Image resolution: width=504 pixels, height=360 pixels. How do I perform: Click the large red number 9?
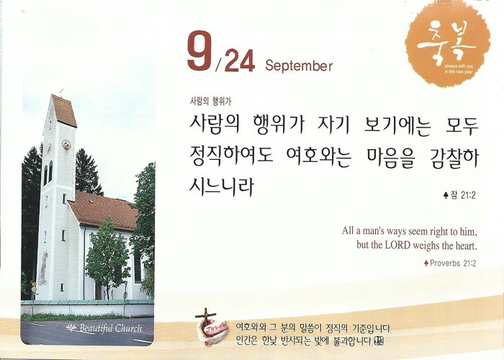point(200,50)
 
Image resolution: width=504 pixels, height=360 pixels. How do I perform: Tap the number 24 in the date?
point(240,60)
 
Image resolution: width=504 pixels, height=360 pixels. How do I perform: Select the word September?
point(299,66)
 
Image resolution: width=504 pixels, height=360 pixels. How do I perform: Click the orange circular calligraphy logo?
point(448,44)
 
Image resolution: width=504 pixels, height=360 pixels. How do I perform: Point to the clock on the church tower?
point(66,145)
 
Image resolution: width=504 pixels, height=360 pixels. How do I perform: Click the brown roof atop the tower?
point(64,110)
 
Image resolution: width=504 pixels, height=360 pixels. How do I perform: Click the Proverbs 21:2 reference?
point(450,264)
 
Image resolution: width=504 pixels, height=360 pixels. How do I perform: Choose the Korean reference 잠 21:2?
point(459,195)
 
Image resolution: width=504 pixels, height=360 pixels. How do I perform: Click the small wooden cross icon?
point(206,316)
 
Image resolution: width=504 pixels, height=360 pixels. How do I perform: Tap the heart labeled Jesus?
point(213,333)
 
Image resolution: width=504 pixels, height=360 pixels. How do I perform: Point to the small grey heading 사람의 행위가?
point(210,102)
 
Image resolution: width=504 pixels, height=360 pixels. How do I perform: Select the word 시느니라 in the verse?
point(222,186)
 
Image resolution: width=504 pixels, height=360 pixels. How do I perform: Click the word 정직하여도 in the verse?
point(231,156)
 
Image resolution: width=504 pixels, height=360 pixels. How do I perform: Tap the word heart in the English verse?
point(466,246)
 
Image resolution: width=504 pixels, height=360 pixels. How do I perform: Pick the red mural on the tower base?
point(43,268)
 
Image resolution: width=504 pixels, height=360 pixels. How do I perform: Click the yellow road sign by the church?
point(34,289)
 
